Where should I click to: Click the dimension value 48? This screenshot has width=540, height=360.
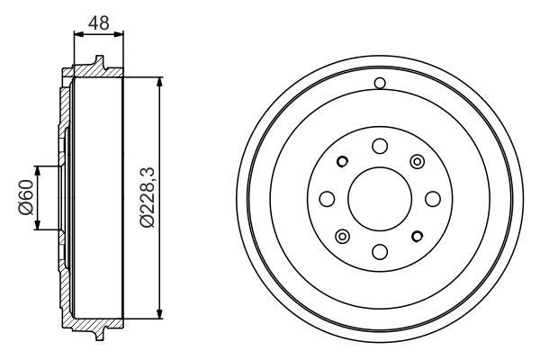click(98, 22)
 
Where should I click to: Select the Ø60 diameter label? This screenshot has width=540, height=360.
click(26, 197)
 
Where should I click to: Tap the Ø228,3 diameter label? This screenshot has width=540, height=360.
click(148, 197)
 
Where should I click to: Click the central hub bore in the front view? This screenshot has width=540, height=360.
click(380, 199)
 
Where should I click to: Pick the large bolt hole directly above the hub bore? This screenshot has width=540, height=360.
click(380, 146)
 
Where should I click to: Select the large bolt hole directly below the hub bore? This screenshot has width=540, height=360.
click(380, 252)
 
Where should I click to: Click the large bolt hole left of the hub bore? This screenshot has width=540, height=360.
click(328, 199)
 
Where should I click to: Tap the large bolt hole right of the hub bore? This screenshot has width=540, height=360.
click(433, 199)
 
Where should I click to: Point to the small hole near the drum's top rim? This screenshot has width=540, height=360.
click(380, 83)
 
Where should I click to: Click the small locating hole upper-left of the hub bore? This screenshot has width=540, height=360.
click(342, 161)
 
